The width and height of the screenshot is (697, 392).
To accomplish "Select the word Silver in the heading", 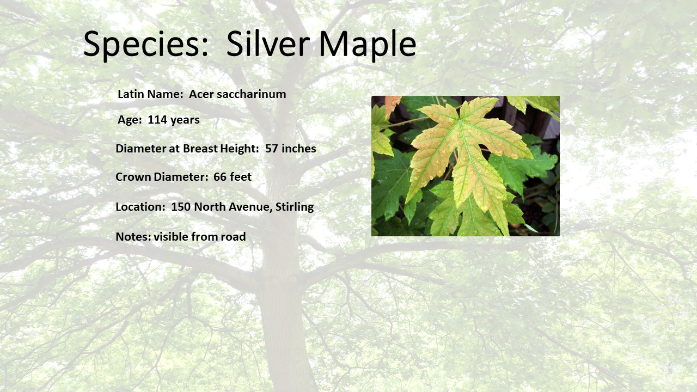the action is [x=268, y=44].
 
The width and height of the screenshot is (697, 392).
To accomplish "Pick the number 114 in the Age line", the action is [x=157, y=120].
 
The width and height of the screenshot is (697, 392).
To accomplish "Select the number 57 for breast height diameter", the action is [x=271, y=149].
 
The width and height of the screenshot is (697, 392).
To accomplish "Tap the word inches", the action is [x=299, y=149].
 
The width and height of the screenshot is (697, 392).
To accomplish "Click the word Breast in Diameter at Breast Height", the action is [x=200, y=149].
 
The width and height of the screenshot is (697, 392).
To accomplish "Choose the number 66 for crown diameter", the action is [x=219, y=177].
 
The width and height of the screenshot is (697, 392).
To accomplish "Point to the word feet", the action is [x=241, y=177].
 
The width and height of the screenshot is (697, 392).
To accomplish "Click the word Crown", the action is [x=133, y=177].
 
